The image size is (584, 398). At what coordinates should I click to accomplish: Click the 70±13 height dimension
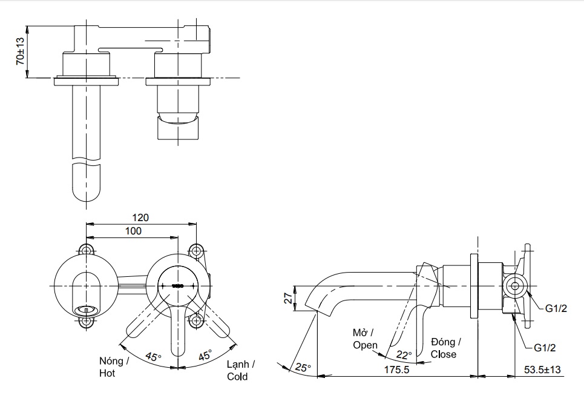coord(20,51)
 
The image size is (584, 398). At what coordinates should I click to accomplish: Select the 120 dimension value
coord(141,217)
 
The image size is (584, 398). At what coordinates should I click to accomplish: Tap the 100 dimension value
coord(133,231)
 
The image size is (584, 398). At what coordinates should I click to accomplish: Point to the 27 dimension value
coord(289,297)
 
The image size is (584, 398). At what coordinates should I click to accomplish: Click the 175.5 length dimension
coord(397,368)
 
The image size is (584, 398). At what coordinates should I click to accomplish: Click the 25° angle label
coord(303,367)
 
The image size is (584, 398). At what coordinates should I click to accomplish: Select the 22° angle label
coord(404,354)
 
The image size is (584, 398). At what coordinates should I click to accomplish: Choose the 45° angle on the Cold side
coord(205,356)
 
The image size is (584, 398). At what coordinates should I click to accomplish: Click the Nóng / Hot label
coord(114,367)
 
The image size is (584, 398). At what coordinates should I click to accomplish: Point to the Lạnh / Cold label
coord(240,370)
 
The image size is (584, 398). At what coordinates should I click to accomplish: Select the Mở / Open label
coord(365,339)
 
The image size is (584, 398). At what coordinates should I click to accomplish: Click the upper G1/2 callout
coord(555,308)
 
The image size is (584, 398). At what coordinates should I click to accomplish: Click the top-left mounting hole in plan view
coord(87,250)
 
